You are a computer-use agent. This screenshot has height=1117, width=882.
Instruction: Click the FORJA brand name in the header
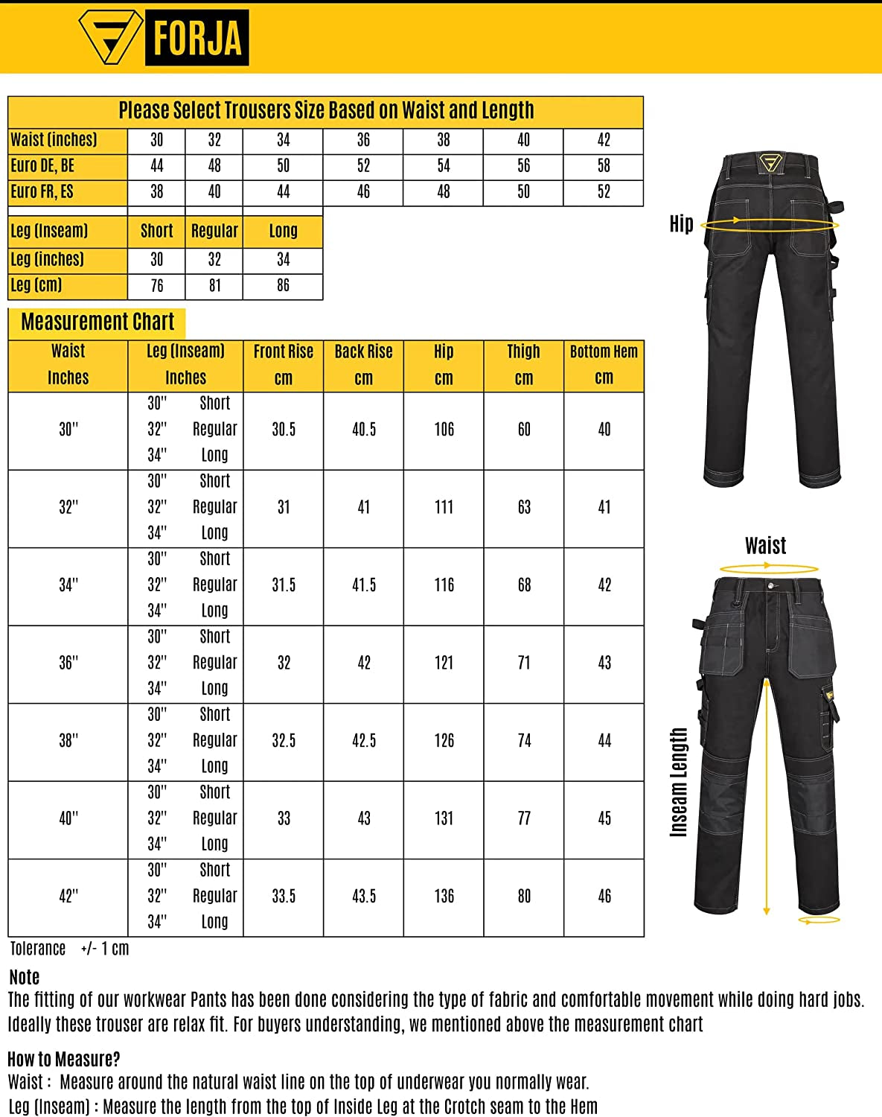(x=196, y=38)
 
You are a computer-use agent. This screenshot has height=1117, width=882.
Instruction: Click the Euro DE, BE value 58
(x=604, y=166)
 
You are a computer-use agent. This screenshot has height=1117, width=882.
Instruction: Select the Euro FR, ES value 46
(x=363, y=192)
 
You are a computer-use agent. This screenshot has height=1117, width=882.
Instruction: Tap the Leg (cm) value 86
(x=283, y=286)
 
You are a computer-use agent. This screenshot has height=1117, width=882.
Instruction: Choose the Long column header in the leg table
(x=283, y=232)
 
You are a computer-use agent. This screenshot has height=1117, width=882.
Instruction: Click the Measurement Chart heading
(x=98, y=322)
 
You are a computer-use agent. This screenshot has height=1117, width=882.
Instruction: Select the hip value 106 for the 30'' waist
(x=444, y=430)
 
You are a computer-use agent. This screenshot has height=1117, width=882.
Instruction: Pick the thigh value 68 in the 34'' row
(x=524, y=585)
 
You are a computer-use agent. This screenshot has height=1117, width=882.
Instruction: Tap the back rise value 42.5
(x=364, y=741)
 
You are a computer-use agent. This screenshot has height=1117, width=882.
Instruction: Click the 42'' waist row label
(x=68, y=897)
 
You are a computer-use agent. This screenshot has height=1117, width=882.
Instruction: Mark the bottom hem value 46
(x=604, y=897)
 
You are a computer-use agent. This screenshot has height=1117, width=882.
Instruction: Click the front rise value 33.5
(x=284, y=897)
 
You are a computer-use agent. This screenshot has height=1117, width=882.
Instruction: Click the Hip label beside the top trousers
(x=681, y=224)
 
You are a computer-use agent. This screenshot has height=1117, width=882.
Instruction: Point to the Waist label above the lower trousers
(x=765, y=547)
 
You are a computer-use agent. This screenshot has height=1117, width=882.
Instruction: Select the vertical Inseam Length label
(x=679, y=782)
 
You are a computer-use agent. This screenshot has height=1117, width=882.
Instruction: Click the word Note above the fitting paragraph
(x=25, y=977)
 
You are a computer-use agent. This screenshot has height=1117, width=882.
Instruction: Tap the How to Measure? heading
(x=64, y=1059)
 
